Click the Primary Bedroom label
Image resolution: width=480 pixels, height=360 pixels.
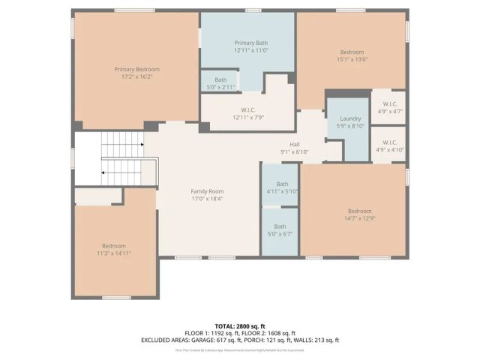pyautogui.click(x=136, y=69)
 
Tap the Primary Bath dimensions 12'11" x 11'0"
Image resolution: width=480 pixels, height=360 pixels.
pyautogui.click(x=250, y=50)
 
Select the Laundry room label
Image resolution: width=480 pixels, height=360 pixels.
pyautogui.click(x=350, y=118)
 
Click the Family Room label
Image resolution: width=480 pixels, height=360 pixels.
pyautogui.click(x=206, y=191)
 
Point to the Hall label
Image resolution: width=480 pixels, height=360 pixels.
pyautogui.click(x=295, y=144)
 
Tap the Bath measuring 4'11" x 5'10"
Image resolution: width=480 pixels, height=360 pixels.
pyautogui.click(x=281, y=187)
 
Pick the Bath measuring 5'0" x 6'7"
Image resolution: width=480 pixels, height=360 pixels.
pyautogui.click(x=280, y=229)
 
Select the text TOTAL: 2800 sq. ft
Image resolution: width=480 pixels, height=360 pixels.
pyautogui.click(x=239, y=325)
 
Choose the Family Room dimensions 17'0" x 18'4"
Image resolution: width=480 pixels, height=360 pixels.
pyautogui.click(x=206, y=199)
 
